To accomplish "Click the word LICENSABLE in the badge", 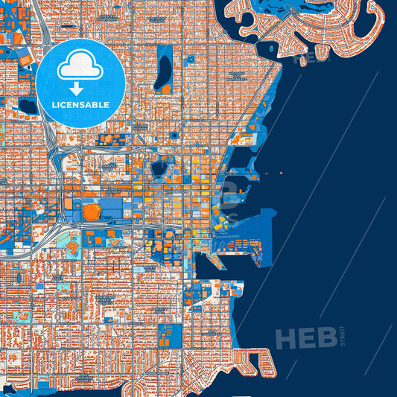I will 80,104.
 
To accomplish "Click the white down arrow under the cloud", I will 80,88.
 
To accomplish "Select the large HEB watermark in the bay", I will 305,339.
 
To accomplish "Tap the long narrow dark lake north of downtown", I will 164,69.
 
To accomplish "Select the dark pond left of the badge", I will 28,106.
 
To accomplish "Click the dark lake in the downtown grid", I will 159,169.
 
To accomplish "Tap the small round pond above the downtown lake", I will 174,135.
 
